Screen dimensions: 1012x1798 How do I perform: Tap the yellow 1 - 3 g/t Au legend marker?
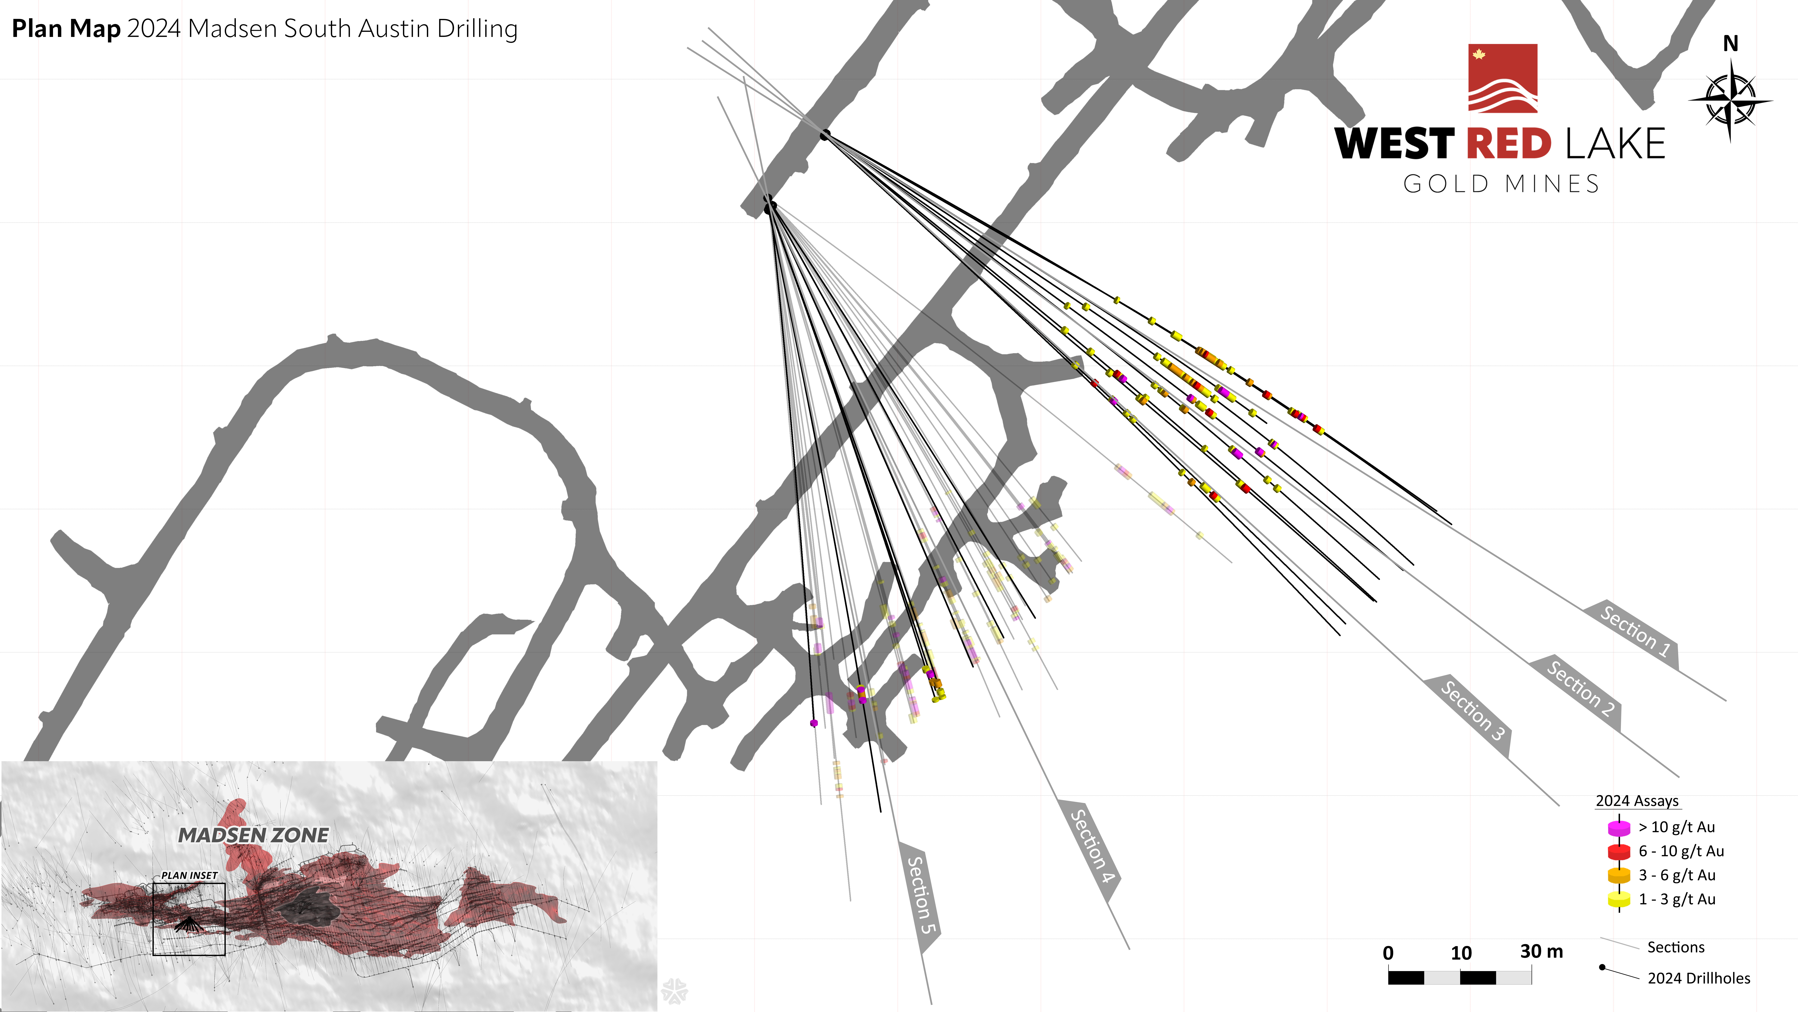(x=1619, y=900)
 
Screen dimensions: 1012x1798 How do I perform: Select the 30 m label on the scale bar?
(x=1541, y=951)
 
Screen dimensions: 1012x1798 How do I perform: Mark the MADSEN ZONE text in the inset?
(x=253, y=835)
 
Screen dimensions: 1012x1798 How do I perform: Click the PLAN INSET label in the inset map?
(x=189, y=875)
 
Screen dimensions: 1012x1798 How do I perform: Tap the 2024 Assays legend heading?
(x=1637, y=801)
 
